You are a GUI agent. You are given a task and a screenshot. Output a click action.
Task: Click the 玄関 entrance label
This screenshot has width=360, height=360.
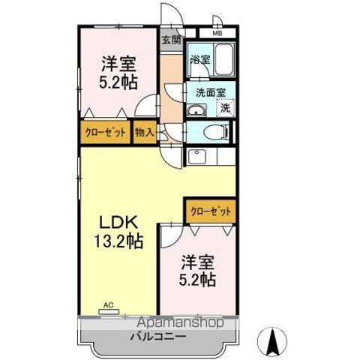171,40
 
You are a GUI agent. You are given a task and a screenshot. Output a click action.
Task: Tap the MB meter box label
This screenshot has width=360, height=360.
217,34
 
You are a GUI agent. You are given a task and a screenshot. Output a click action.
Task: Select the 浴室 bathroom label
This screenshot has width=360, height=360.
199,59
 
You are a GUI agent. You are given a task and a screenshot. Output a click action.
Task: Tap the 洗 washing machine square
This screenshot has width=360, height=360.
225,108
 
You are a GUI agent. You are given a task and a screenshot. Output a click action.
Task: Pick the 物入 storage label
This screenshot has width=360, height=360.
145,133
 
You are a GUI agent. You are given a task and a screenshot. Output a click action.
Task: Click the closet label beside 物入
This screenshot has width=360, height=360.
104,133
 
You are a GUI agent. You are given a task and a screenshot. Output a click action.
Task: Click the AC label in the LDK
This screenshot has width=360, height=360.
108,305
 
